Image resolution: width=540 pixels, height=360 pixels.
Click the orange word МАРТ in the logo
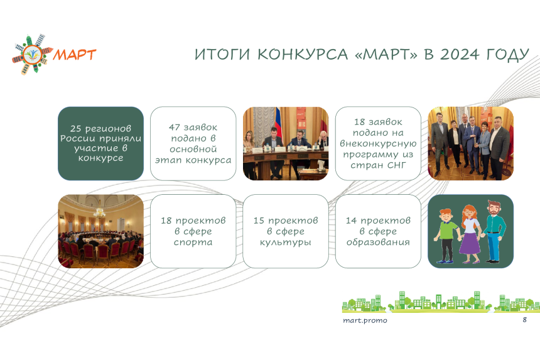pyautogui.click(x=74, y=55)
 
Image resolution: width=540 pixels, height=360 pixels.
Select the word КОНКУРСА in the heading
pyautogui.click(x=303, y=55)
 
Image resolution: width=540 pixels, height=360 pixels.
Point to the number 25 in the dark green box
pyautogui.click(x=76, y=129)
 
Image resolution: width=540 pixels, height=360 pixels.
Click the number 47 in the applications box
pyautogui.click(x=175, y=128)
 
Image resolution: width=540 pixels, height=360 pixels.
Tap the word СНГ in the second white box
pyautogui.click(x=397, y=165)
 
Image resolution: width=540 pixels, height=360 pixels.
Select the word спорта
pyautogui.click(x=193, y=243)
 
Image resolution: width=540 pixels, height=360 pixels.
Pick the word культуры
pyautogui.click(x=286, y=243)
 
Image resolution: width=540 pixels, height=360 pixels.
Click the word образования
pyautogui.click(x=378, y=242)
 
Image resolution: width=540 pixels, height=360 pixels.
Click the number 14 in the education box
pyautogui.click(x=351, y=221)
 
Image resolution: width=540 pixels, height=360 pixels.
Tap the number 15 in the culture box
pyautogui.click(x=259, y=221)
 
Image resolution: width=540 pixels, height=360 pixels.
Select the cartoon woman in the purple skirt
pyautogui.click(x=470, y=234)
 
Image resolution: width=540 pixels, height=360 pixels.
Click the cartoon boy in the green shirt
pyautogui.click(x=446, y=236)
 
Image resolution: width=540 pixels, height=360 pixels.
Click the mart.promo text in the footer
pyautogui.click(x=365, y=320)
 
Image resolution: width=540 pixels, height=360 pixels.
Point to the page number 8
pyautogui.click(x=524, y=320)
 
